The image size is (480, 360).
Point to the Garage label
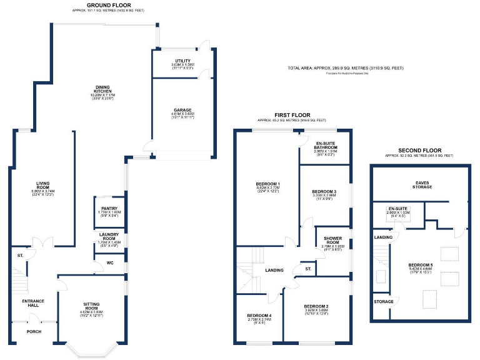[182, 111]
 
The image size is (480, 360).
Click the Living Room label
[43, 185]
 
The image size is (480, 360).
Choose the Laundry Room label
[109, 236]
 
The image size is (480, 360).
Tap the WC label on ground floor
[110, 262]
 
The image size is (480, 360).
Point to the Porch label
[33, 332]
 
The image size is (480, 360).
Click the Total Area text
[346, 67]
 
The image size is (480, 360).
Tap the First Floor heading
[292, 115]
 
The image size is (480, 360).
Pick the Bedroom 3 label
[324, 191]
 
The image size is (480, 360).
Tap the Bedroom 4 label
[259, 315]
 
